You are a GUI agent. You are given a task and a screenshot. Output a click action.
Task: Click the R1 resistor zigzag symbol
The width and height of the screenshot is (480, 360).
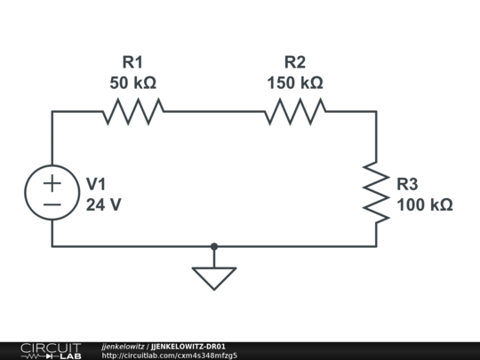tap(133, 111)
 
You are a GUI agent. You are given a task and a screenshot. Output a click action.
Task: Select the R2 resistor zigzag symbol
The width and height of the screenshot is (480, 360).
tap(295, 111)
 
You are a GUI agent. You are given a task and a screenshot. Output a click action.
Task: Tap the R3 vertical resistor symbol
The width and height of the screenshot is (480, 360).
tap(376, 193)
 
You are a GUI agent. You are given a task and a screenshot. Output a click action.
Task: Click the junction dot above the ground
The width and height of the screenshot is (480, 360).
tap(214, 246)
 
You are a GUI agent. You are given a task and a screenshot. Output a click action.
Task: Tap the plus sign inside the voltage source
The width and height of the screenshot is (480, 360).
tap(52, 183)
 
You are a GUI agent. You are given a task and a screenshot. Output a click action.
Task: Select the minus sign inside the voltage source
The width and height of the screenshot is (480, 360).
tap(52, 204)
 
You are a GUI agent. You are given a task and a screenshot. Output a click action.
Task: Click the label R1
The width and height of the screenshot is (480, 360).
tap(132, 62)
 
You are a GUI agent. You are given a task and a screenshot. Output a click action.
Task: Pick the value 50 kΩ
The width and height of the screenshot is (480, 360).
tap(132, 83)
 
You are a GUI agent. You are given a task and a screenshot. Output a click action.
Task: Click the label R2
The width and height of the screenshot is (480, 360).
tap(295, 62)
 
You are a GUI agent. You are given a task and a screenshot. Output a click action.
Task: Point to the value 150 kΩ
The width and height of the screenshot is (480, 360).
tap(295, 83)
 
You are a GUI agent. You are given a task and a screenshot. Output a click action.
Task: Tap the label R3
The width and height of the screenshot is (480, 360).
tap(407, 184)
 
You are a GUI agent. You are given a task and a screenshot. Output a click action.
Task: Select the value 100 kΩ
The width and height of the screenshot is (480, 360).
tap(425, 204)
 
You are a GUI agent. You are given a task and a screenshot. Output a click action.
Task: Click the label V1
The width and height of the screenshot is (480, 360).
tap(96, 184)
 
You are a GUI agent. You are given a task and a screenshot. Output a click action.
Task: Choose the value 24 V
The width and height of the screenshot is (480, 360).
tap(103, 204)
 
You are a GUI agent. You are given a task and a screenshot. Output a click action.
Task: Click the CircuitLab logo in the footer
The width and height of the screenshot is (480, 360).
tap(51, 351)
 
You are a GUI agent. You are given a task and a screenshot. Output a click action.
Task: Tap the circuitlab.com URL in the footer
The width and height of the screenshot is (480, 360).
tap(169, 356)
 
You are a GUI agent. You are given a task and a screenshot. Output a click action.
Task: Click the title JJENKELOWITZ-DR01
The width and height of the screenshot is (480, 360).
tap(188, 347)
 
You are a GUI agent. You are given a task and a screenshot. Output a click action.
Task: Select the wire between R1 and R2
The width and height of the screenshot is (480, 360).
tap(214, 111)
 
